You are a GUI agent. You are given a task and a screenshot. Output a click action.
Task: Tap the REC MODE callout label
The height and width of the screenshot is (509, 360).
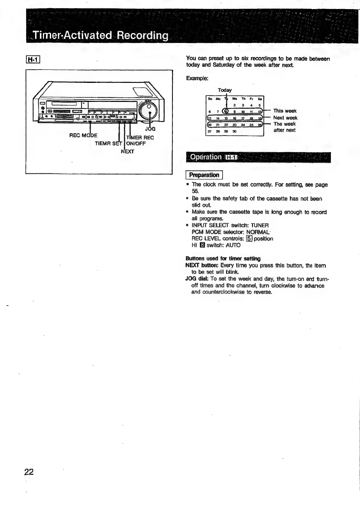83,135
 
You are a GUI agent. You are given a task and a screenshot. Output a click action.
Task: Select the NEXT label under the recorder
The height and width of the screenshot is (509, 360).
127,151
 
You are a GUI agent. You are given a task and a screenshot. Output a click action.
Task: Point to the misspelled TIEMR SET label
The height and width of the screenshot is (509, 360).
108,143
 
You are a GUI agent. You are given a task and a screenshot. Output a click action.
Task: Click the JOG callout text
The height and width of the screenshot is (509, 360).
150,129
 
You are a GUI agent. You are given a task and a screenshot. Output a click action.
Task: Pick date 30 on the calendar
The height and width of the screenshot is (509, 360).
234,132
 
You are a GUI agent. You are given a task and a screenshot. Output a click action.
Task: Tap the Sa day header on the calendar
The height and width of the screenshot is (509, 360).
259,99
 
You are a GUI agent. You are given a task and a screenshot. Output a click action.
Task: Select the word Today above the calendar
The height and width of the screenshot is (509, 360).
225,90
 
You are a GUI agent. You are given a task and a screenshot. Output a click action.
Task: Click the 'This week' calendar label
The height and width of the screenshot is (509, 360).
285,111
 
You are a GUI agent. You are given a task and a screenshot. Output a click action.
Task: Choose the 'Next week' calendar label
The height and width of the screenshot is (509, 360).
285,118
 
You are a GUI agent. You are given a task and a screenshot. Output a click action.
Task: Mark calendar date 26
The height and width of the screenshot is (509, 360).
259,125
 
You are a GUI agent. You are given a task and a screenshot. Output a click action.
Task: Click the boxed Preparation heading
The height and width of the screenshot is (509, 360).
204,175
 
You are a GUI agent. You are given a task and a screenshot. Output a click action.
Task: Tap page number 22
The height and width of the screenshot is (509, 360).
29,472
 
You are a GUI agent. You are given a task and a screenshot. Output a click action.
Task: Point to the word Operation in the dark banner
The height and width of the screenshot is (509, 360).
206,157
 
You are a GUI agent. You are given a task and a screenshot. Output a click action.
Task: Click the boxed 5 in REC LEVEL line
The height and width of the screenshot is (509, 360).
249,239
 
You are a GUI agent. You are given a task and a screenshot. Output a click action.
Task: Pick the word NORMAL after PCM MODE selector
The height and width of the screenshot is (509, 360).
258,232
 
